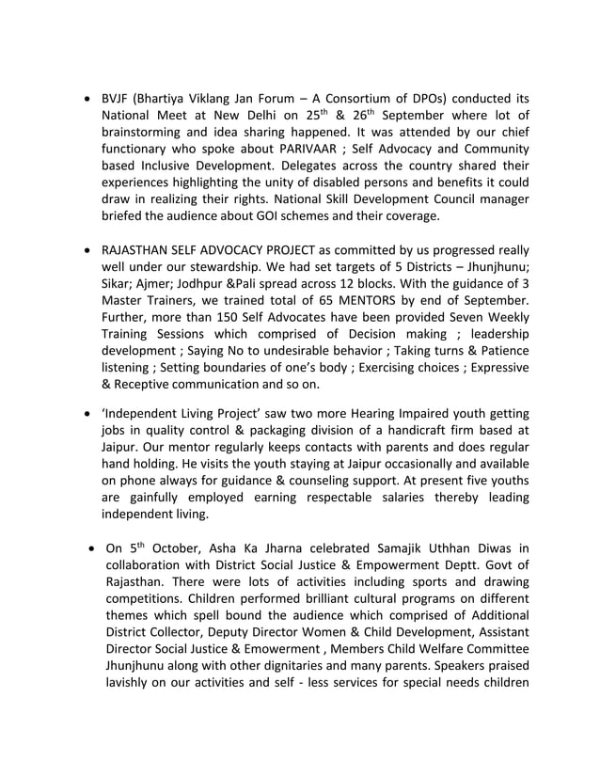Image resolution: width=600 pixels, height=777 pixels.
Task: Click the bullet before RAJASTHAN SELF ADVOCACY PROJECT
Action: (88, 250)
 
